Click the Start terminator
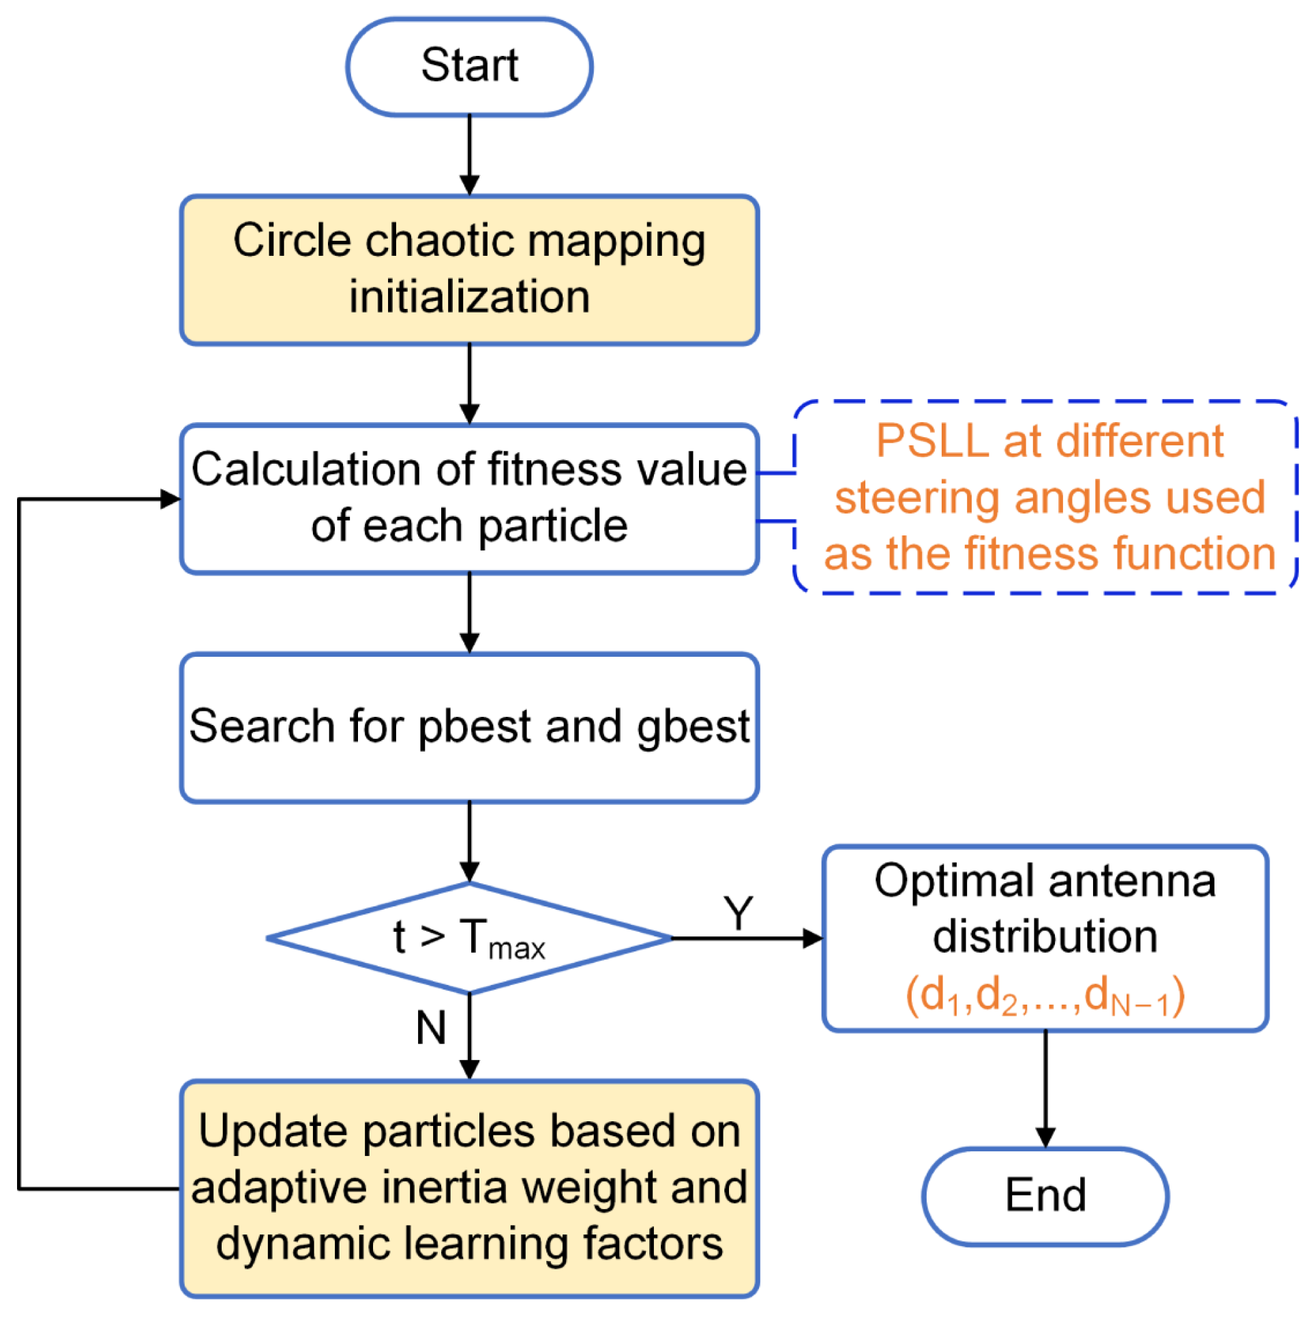click(468, 66)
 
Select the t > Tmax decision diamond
click(468, 938)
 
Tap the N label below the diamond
click(431, 1028)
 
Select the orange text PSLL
click(932, 441)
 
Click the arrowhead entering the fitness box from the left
click(170, 499)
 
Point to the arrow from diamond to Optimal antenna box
click(747, 938)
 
